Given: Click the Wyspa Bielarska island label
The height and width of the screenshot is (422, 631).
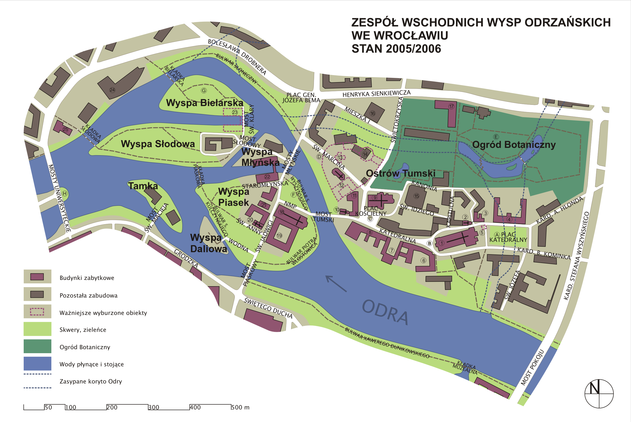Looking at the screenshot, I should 205,103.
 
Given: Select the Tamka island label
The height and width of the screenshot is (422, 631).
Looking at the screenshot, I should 143,186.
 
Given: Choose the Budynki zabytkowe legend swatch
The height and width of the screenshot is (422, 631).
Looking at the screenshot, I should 37,277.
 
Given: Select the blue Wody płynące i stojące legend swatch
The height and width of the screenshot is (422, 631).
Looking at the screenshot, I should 37,364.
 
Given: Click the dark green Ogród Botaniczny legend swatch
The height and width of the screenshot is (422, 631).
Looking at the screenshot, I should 37,346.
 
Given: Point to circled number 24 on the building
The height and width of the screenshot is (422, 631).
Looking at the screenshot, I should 112,90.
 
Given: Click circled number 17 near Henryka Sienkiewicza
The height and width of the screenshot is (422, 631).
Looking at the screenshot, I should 451,106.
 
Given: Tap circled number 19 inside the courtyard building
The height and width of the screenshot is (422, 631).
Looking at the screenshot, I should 279,236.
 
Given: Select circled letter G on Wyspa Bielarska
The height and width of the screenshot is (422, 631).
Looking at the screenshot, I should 204,90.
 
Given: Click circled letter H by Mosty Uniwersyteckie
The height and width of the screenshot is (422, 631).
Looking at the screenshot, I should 64,193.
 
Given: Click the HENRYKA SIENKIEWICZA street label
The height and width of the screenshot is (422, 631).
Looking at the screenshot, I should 376,94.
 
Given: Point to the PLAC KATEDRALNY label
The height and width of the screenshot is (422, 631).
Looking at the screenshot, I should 508,237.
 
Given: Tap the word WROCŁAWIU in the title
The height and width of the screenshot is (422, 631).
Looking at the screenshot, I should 400,36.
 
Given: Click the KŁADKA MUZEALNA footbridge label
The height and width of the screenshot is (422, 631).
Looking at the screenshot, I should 465,368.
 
